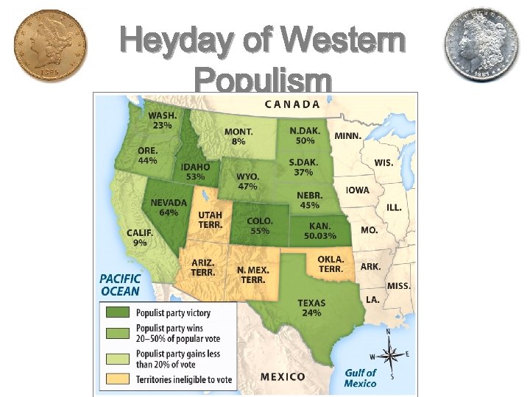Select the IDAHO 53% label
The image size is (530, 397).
coord(196,172)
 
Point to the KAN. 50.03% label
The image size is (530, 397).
coord(319,231)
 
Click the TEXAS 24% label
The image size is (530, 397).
coord(311,308)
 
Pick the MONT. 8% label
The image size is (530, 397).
coord(239,136)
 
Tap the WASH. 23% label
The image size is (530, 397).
coord(161,121)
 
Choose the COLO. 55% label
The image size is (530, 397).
coord(260,226)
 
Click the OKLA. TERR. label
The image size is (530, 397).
coord(331,265)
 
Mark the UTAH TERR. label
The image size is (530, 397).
coord(211,220)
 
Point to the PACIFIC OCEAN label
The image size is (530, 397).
coord(120,286)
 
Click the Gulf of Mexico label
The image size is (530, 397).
coord(360,378)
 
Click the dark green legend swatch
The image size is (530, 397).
coord(116,313)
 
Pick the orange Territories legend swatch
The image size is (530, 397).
coord(116,379)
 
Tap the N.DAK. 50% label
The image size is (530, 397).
coord(304,135)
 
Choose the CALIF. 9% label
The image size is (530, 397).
coord(140,237)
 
